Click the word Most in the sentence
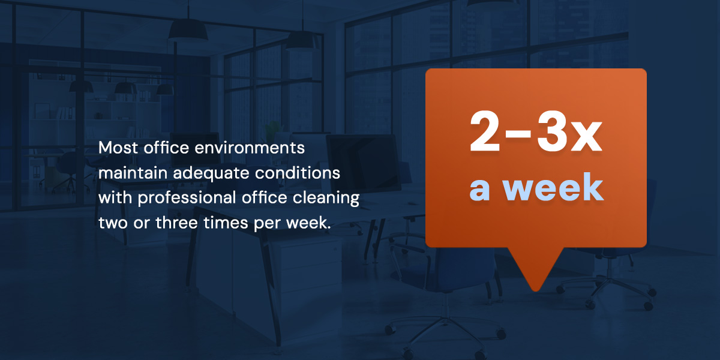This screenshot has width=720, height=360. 118,148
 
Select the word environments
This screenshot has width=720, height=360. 250,148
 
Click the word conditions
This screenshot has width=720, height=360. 298,173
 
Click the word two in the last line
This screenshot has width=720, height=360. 113,223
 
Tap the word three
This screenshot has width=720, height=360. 177,223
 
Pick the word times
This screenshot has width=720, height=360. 226,223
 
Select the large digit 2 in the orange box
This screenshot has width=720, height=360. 485,131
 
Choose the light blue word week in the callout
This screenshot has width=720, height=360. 553,187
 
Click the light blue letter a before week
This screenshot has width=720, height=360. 479,191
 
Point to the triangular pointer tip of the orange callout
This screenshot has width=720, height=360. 535,290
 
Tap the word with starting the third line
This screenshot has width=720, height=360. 115,197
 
